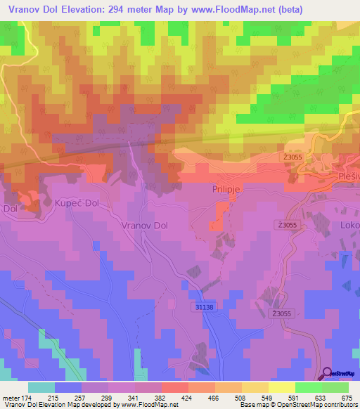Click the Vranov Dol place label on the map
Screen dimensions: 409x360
pyautogui.click(x=145, y=226)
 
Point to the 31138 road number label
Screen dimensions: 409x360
pyautogui.click(x=204, y=307)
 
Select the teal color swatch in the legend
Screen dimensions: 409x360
pyautogui.click(x=41, y=387)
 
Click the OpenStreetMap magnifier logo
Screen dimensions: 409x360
pyautogui.click(x=327, y=374)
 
